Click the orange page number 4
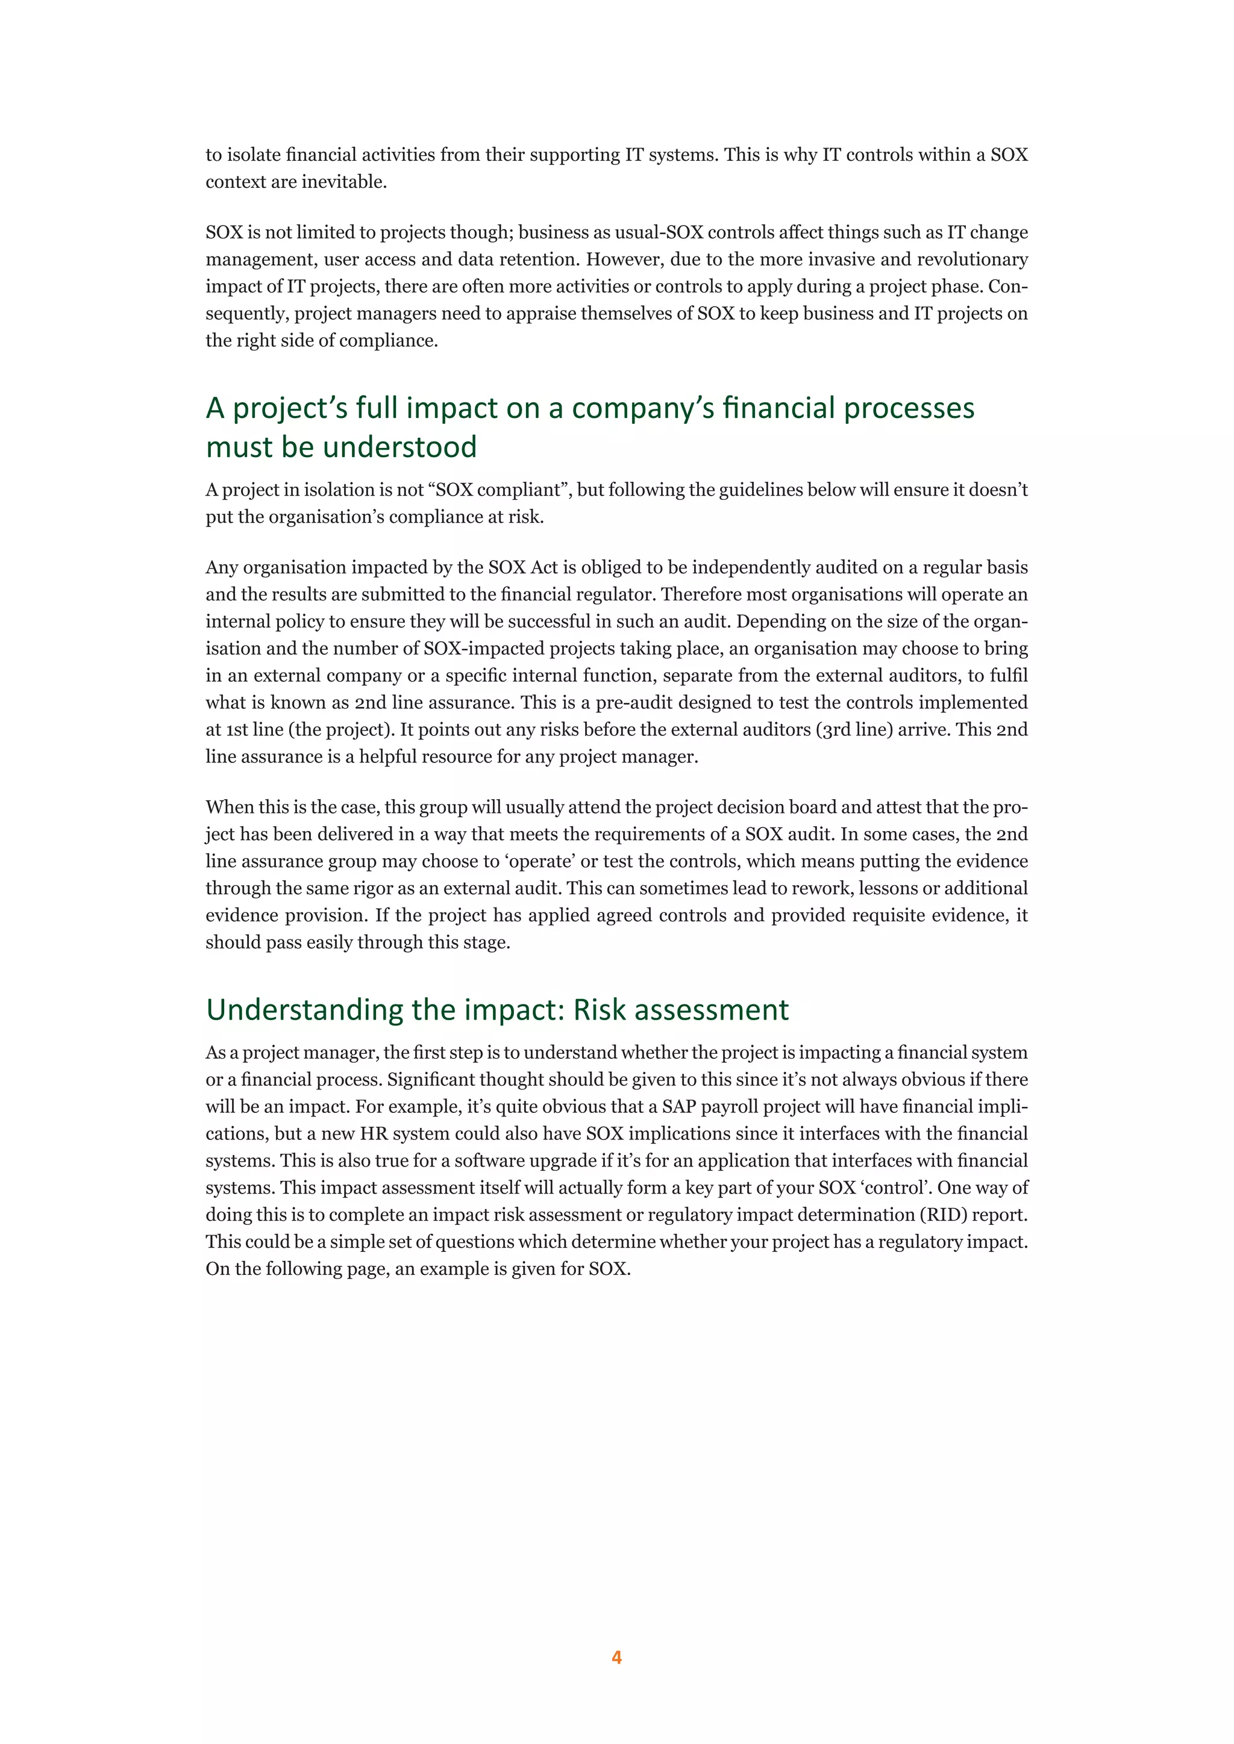616,1657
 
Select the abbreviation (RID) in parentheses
942,1215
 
